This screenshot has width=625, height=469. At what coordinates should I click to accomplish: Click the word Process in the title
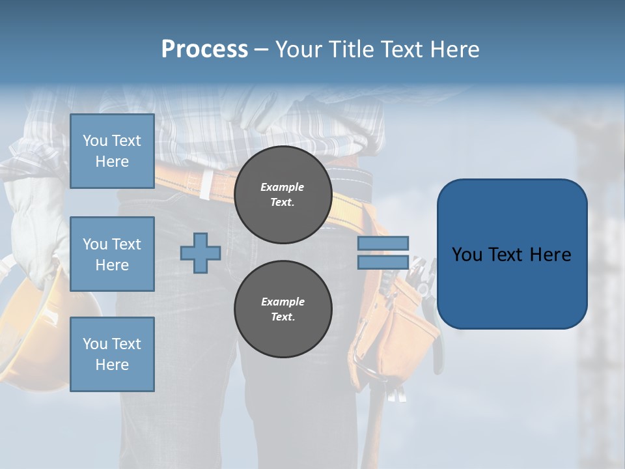point(204,50)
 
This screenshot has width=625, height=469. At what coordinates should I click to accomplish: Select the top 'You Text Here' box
point(112,151)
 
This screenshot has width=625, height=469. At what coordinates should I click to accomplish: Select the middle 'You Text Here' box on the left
point(112,254)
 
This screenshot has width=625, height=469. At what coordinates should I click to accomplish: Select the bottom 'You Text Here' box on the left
point(112,354)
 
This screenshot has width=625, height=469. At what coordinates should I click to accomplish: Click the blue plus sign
point(201,253)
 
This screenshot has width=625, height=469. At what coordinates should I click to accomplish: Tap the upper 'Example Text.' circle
point(283,195)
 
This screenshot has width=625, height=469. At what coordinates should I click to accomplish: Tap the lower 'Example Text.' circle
point(283,309)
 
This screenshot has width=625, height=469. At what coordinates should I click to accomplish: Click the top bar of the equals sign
point(383,243)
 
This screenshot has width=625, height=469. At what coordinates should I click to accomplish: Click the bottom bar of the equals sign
point(383,262)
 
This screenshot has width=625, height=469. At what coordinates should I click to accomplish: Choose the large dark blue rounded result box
point(512,254)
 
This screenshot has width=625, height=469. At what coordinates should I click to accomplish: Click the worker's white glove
point(36,195)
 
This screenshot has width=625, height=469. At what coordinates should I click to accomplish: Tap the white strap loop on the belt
point(206,184)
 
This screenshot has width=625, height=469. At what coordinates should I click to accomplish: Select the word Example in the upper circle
point(283,187)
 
